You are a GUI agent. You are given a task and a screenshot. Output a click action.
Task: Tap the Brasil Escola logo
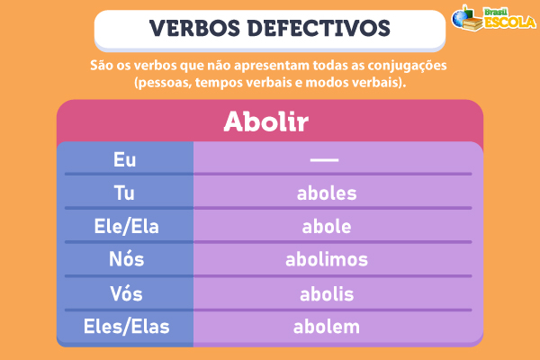[x=491, y=21]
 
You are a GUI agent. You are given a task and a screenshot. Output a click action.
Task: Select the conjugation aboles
[x=327, y=193]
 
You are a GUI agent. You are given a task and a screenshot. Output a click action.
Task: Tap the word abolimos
[x=327, y=259]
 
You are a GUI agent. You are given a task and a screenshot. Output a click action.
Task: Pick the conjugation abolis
[x=326, y=293]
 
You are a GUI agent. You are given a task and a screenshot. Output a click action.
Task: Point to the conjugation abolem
[x=326, y=326]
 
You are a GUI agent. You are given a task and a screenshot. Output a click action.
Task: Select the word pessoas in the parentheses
[x=159, y=83]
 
